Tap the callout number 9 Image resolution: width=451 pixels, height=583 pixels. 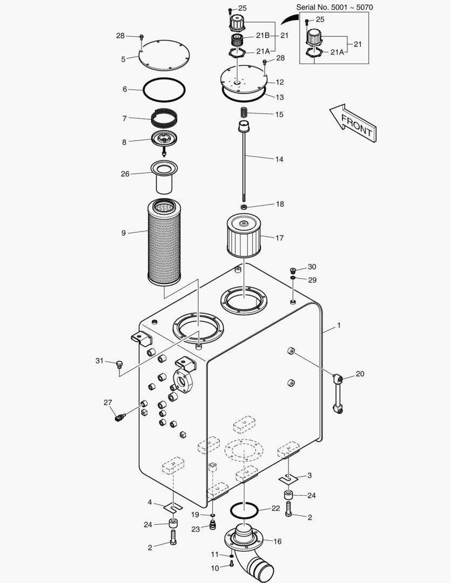pyautogui.click(x=124, y=233)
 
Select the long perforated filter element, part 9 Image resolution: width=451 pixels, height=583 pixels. pyautogui.click(x=166, y=242)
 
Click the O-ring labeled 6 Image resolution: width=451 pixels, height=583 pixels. pyautogui.click(x=165, y=89)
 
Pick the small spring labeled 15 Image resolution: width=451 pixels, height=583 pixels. pyautogui.click(x=243, y=113)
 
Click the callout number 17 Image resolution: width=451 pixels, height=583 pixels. pyautogui.click(x=279, y=238)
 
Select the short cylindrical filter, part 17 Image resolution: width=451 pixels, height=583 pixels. pyautogui.click(x=244, y=235)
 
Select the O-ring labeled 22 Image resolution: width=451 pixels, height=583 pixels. pyautogui.click(x=243, y=510)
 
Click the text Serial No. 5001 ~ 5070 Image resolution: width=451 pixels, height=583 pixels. pyautogui.click(x=334, y=7)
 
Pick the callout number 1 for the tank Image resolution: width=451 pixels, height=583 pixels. pyautogui.click(x=339, y=326)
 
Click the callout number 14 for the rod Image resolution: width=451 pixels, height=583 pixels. pyautogui.click(x=279, y=159)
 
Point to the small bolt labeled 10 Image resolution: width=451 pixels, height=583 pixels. pyautogui.click(x=232, y=564)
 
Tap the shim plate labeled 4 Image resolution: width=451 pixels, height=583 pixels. pyautogui.click(x=172, y=507)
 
